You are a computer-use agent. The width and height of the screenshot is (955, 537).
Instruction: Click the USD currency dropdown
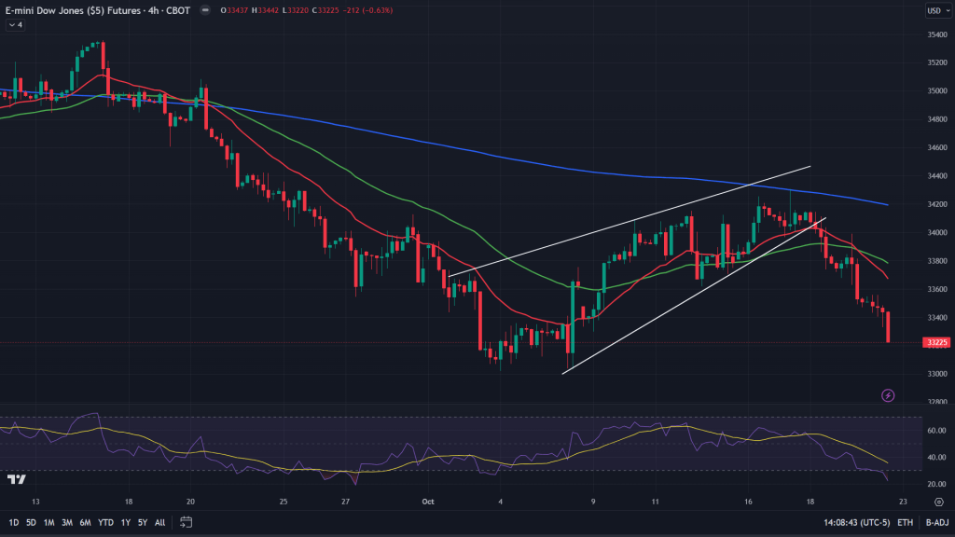coord(934,11)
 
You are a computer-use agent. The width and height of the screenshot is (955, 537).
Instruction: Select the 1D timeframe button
coord(14,522)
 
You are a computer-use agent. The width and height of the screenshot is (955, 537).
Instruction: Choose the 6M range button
coord(85,522)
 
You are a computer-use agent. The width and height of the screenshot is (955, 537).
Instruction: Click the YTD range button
coord(104,522)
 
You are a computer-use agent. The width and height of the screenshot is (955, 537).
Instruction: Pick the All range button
coord(159,522)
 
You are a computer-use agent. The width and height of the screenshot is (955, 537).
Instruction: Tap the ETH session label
coord(905,522)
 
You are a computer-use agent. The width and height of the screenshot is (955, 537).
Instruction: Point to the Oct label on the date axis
coord(428,501)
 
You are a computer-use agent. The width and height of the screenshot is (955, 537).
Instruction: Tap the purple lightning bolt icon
coord(888,395)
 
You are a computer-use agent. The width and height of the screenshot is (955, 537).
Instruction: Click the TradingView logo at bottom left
coord(16,479)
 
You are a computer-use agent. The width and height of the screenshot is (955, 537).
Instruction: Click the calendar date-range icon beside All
coord(186,522)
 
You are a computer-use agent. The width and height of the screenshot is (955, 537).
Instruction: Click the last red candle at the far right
coord(887,327)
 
